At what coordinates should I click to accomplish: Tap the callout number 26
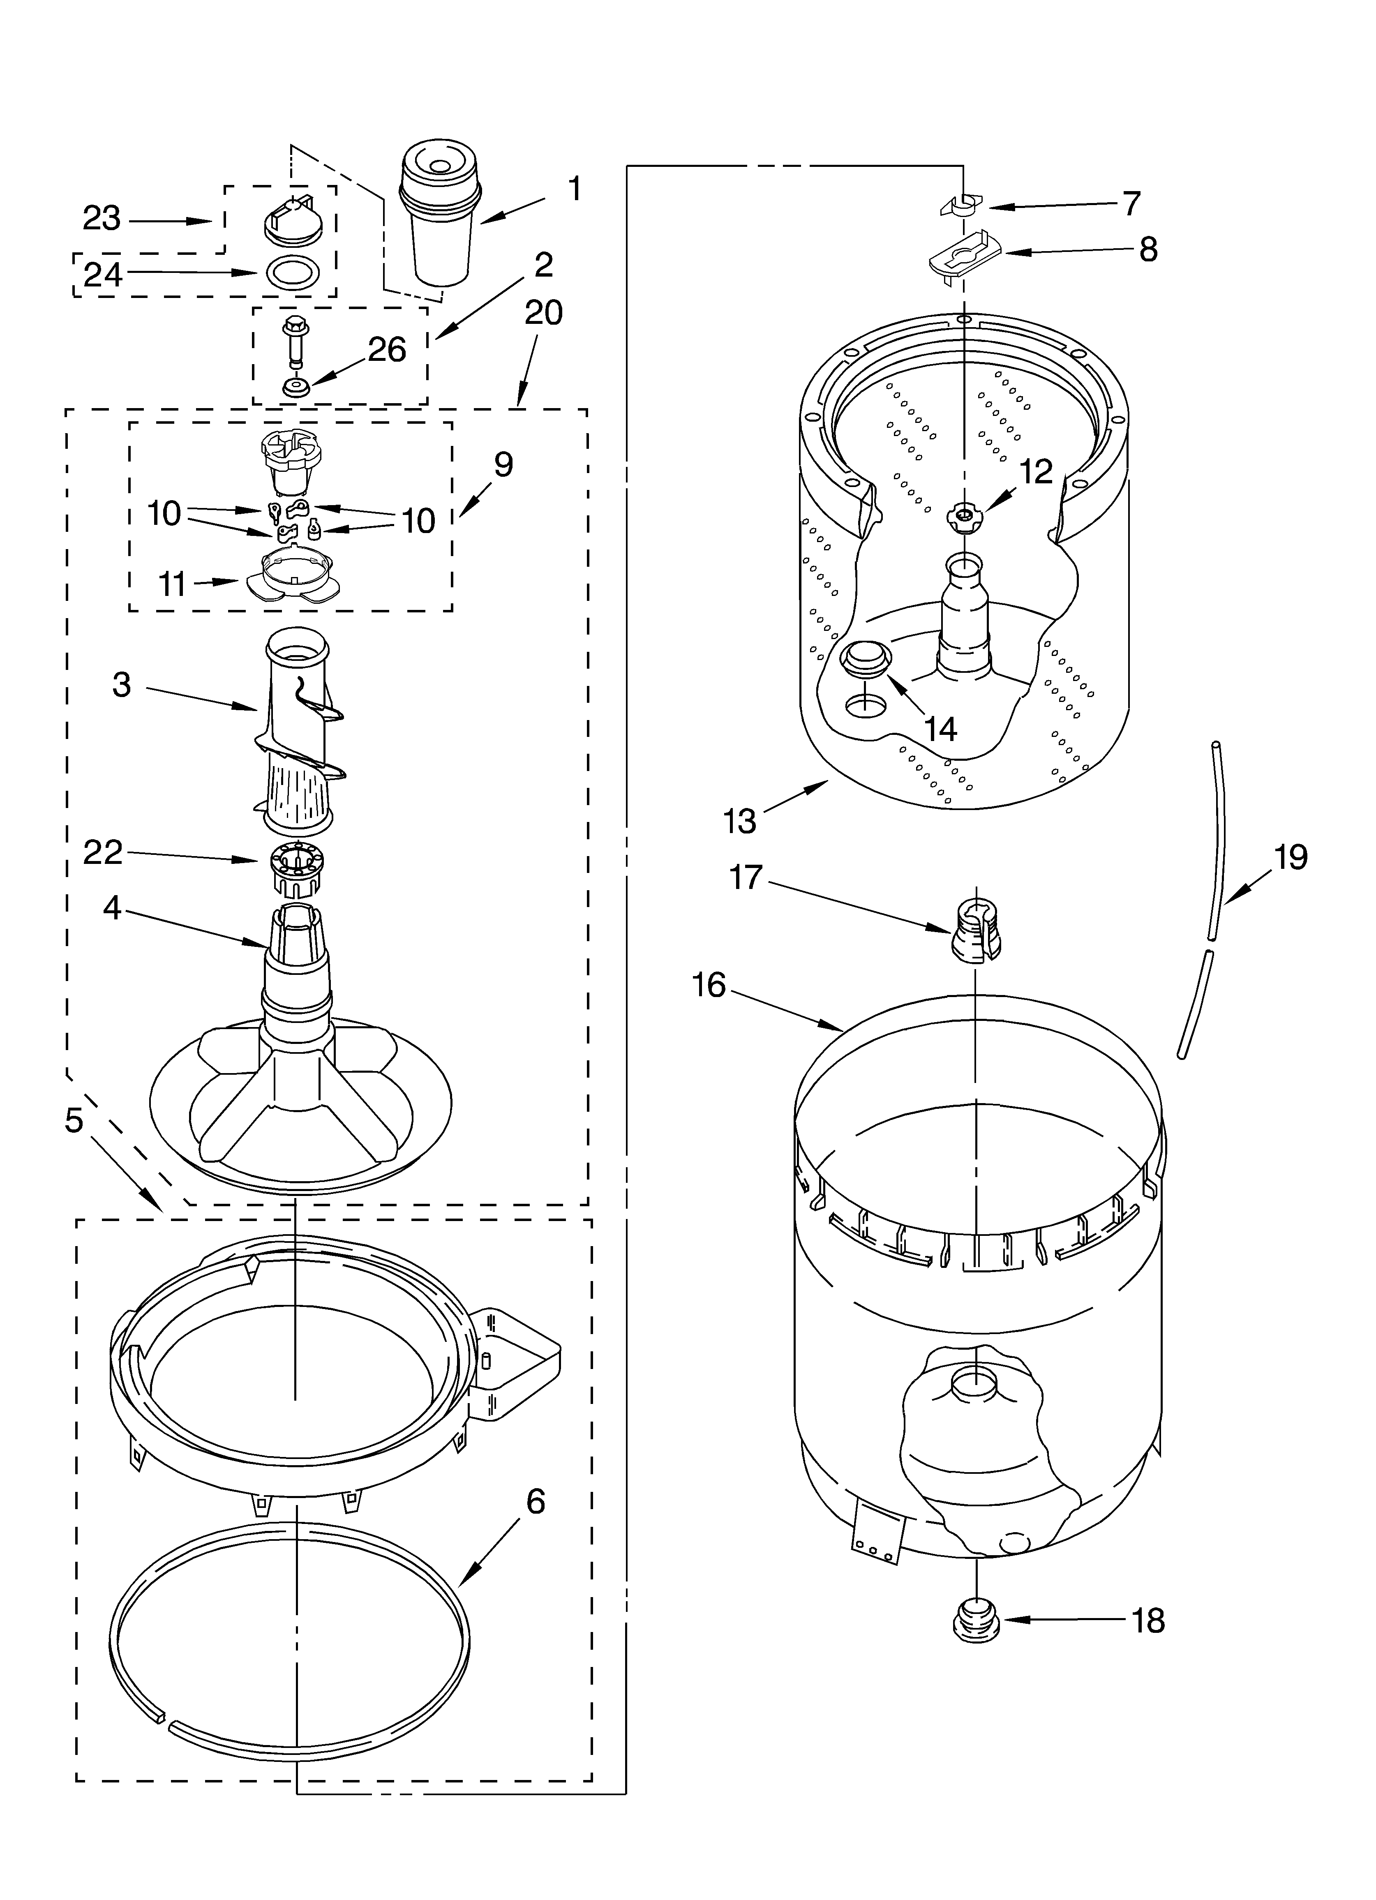coord(387,349)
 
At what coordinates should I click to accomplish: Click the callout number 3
coord(122,684)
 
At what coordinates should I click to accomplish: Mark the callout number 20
coord(544,313)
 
